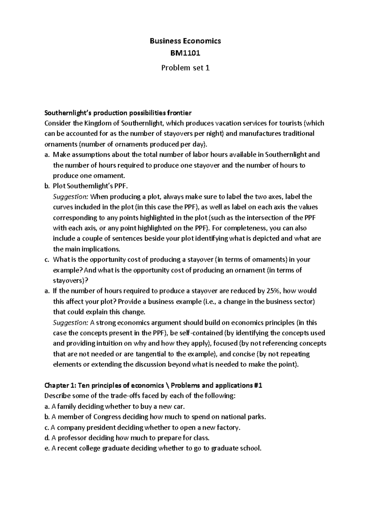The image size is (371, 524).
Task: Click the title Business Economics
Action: (185, 41)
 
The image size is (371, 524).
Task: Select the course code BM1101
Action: (185, 53)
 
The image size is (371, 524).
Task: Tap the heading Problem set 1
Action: (185, 68)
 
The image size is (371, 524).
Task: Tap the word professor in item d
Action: (72, 438)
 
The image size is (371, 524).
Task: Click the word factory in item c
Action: (228, 427)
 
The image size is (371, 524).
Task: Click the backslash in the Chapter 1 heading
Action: (168, 385)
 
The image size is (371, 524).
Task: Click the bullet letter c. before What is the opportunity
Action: (47, 260)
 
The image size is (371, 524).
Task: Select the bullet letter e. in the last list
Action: (47, 448)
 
